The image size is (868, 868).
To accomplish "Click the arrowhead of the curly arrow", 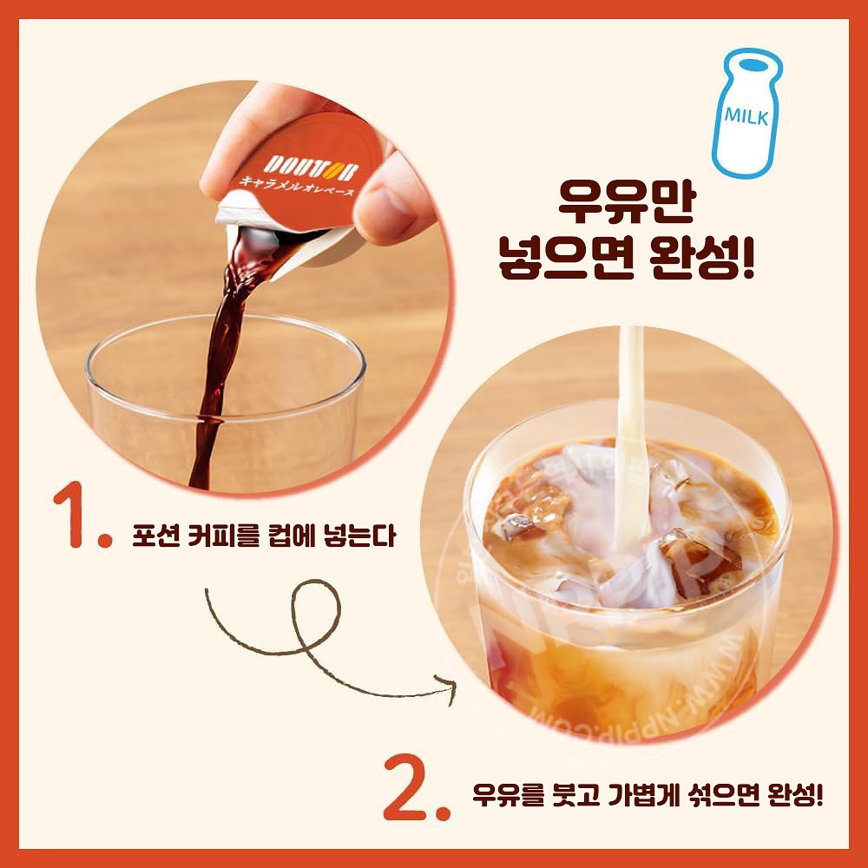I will point(451,682).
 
